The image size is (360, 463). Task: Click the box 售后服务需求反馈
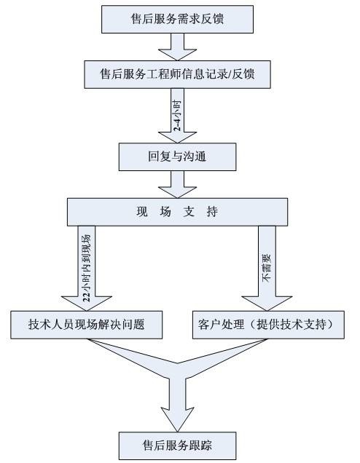coord(177,19)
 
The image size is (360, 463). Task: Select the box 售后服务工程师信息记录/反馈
coord(177,74)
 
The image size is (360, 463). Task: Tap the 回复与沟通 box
coord(177,157)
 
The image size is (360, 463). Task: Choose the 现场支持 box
coord(177,212)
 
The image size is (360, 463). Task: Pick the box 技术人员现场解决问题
coord(86,325)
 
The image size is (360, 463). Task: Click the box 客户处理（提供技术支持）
coord(268,325)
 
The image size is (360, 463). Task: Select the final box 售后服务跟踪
coord(177,446)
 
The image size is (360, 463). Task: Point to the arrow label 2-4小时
coord(177,116)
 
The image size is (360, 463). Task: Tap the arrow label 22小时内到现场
coord(86,268)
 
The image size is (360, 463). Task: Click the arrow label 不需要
coord(266,268)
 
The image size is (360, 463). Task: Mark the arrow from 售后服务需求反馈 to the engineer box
coord(177,47)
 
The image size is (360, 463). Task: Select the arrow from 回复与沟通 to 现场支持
coord(177,184)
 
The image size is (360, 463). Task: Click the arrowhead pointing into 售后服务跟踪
coord(177,419)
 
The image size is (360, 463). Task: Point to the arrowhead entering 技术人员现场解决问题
coord(86,304)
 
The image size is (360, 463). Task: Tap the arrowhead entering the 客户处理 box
coord(267,304)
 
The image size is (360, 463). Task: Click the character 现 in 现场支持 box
coord(142,212)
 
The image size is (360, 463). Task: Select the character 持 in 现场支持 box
coord(212,212)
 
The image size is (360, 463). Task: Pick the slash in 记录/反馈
coord(228,74)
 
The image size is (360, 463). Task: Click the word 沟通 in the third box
coord(195,157)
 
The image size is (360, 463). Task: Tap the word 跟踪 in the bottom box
coord(200,446)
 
